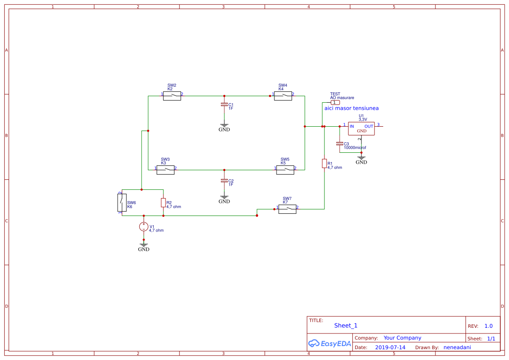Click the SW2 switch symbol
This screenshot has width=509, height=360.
pos(172,96)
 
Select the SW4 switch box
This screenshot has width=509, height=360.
pos(283,96)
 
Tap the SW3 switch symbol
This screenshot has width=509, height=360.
pos(165,170)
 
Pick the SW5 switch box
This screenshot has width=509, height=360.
pos(285,170)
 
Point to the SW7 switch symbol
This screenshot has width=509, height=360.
pos(287,209)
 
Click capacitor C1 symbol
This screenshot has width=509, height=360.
pos(224,105)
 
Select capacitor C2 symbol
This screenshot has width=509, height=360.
pos(224,180)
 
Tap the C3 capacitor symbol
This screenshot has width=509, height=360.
pos(339,143)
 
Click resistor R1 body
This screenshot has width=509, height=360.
pos(324,163)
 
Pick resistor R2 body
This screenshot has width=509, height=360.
pos(163,202)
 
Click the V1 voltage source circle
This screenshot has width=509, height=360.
pos(144,226)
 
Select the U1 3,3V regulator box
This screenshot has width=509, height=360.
pos(361,128)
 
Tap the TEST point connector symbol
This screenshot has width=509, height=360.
pos(335,102)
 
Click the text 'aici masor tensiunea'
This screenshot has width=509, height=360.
pos(351,108)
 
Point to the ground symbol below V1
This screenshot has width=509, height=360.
pos(144,246)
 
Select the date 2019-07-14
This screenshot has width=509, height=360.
pos(390,347)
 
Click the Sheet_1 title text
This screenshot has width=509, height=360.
pos(346,326)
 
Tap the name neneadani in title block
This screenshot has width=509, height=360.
pos(457,347)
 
